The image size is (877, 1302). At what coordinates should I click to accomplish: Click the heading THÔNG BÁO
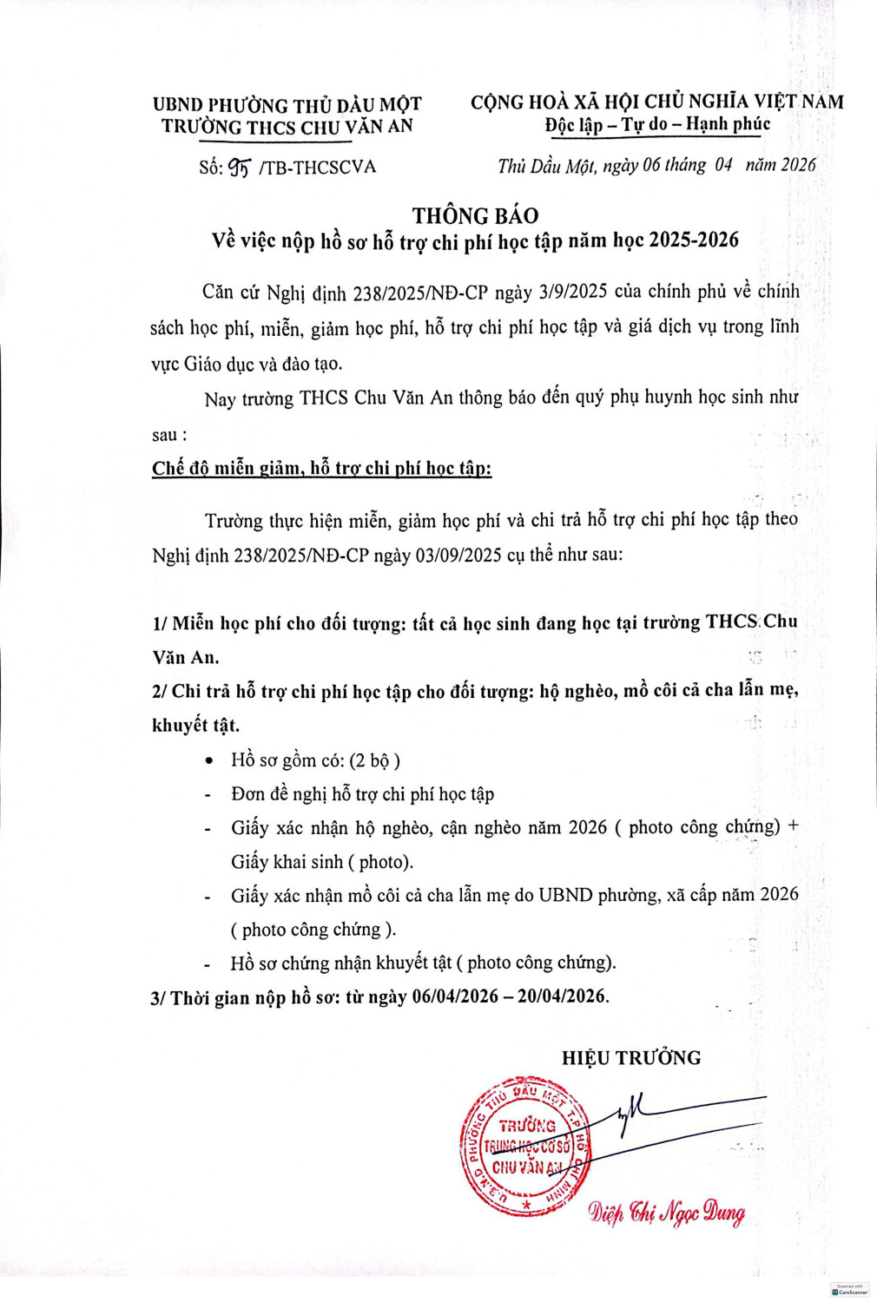[x=475, y=215]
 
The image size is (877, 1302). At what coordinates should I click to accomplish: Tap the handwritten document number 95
[x=240, y=167]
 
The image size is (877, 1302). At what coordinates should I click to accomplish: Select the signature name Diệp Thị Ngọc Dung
[x=666, y=1213]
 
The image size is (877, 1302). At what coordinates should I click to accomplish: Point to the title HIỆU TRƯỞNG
[x=630, y=1057]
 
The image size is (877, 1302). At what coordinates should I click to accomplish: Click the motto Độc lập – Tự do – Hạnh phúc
[x=657, y=124]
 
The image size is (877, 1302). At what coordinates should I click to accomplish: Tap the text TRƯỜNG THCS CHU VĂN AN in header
[x=287, y=127]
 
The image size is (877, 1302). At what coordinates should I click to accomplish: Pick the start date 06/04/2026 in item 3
[x=455, y=996]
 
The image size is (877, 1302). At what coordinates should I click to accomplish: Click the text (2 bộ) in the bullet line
[x=374, y=760]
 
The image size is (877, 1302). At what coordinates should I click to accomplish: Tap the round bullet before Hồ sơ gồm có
[x=208, y=761]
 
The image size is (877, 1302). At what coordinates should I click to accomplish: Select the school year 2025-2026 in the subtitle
[x=693, y=240]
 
